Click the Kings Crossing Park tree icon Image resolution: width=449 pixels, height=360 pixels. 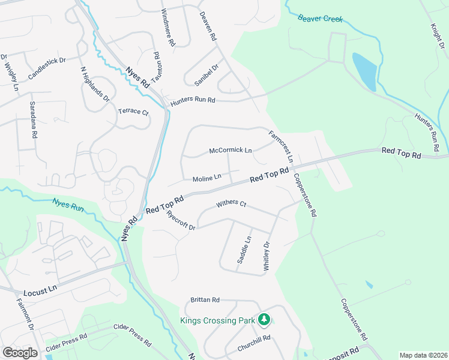tap(264, 320)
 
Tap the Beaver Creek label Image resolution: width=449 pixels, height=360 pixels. tap(321, 18)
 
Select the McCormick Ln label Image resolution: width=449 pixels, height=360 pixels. tap(231, 150)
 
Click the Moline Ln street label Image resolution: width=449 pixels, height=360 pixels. tap(207, 178)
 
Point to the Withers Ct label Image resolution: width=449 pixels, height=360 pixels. tap(231, 204)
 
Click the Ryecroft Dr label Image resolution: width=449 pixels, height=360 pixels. tap(181, 220)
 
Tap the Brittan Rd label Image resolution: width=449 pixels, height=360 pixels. tap(205, 299)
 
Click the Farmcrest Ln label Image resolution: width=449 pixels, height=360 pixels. tap(281, 147)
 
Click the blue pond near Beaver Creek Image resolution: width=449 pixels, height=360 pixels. tap(364, 71)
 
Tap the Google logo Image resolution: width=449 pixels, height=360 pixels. tap(20, 353)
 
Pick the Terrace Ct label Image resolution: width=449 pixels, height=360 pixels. tap(133, 112)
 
